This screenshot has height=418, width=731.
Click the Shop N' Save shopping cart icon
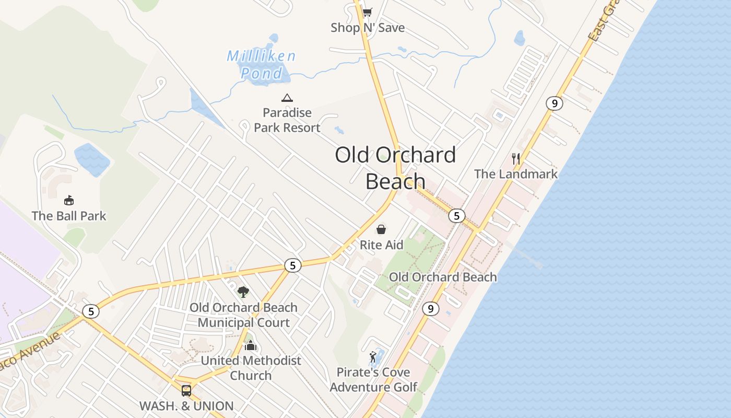point(368,12)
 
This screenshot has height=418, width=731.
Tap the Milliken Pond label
point(262,64)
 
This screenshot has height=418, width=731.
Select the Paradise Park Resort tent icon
point(287,98)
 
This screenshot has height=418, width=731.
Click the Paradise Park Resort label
point(287,120)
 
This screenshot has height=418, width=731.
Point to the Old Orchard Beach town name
point(395,168)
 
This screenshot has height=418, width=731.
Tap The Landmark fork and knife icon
point(516,158)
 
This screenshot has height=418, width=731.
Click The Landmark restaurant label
point(516,174)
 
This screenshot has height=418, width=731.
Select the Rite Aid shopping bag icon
point(382,229)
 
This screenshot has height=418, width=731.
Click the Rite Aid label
point(382,245)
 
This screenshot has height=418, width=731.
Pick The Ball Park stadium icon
point(68,200)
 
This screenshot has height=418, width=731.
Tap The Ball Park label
point(68,216)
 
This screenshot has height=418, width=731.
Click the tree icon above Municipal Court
point(243,292)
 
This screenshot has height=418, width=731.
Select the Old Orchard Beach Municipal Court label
point(243,315)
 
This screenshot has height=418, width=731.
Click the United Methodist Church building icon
point(251,345)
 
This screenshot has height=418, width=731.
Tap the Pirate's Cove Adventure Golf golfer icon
point(373,357)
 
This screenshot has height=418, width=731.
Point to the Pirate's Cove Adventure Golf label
point(373,380)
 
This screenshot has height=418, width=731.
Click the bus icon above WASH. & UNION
point(186,390)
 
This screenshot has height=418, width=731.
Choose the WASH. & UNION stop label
point(186,406)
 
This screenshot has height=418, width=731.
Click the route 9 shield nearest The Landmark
point(554,103)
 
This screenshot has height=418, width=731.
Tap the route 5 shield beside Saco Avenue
point(91,311)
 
